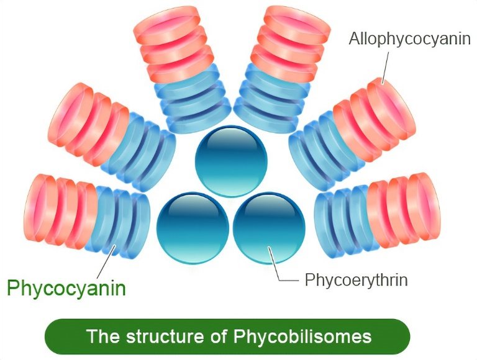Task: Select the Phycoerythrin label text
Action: pos(356,280)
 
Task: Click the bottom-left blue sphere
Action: pos(193,227)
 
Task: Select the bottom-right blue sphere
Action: pos(269,227)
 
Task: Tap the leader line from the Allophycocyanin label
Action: pos(388,67)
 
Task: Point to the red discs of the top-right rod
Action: pos(286,43)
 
